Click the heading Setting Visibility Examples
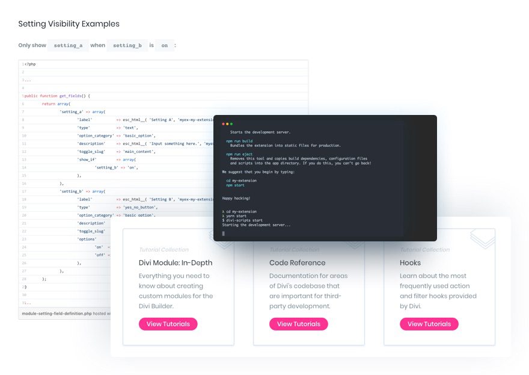coord(69,24)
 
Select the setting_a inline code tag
coord(68,46)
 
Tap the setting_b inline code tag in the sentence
coord(127,46)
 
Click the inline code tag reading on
coord(164,46)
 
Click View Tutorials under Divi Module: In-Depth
coord(168,324)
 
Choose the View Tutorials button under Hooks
coord(429,324)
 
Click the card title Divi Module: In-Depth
coord(176,262)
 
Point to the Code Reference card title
coord(298,262)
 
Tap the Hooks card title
coord(411,262)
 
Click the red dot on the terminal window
coord(224,124)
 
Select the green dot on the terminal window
coord(231,124)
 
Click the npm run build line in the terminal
coord(235,141)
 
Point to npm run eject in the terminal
coord(235,154)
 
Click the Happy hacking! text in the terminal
coord(236,198)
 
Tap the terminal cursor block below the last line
coord(224,233)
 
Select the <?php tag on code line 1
coord(30,64)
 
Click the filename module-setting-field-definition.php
coord(56,314)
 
